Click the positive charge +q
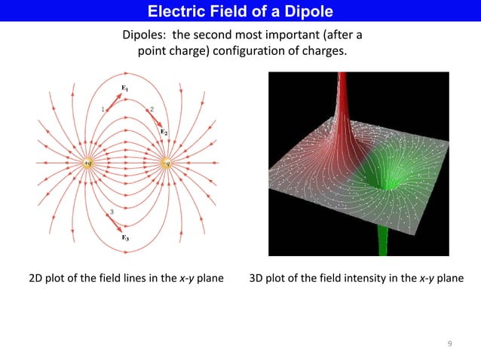(87, 162)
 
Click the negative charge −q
(167, 162)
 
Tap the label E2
(164, 132)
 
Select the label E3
(125, 237)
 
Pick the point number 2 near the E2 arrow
(152, 109)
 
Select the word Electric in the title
(174, 11)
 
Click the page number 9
(449, 344)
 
